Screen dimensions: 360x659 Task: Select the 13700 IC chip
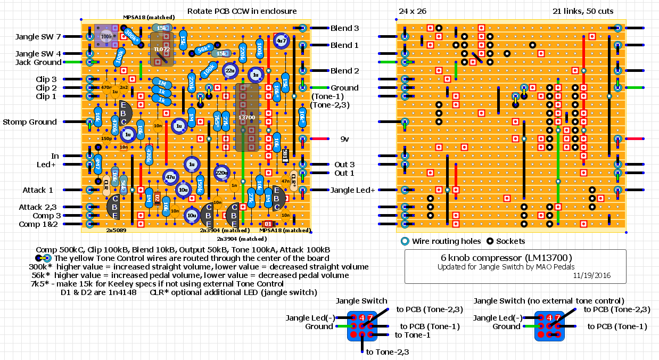(x=246, y=117)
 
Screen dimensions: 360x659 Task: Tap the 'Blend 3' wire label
(x=344, y=28)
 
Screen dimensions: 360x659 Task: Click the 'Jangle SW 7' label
(x=38, y=37)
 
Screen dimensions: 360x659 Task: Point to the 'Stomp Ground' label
(x=30, y=122)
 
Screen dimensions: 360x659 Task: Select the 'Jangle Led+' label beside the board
(x=353, y=190)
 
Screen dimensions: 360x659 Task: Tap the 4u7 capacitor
(x=281, y=40)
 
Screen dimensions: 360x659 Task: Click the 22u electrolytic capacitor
(x=229, y=70)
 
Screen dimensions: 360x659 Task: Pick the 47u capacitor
(x=170, y=177)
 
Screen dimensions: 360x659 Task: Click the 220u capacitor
(x=222, y=173)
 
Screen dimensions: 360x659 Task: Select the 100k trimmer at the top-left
(x=106, y=36)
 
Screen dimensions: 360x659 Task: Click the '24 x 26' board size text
(x=413, y=12)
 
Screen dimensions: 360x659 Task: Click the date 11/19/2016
(x=592, y=276)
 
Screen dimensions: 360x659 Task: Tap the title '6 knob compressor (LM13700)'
(x=515, y=257)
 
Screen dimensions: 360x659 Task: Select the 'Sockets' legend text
(x=512, y=241)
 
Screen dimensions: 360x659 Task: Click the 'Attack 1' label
(x=38, y=190)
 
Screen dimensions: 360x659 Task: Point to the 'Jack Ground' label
(x=39, y=62)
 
